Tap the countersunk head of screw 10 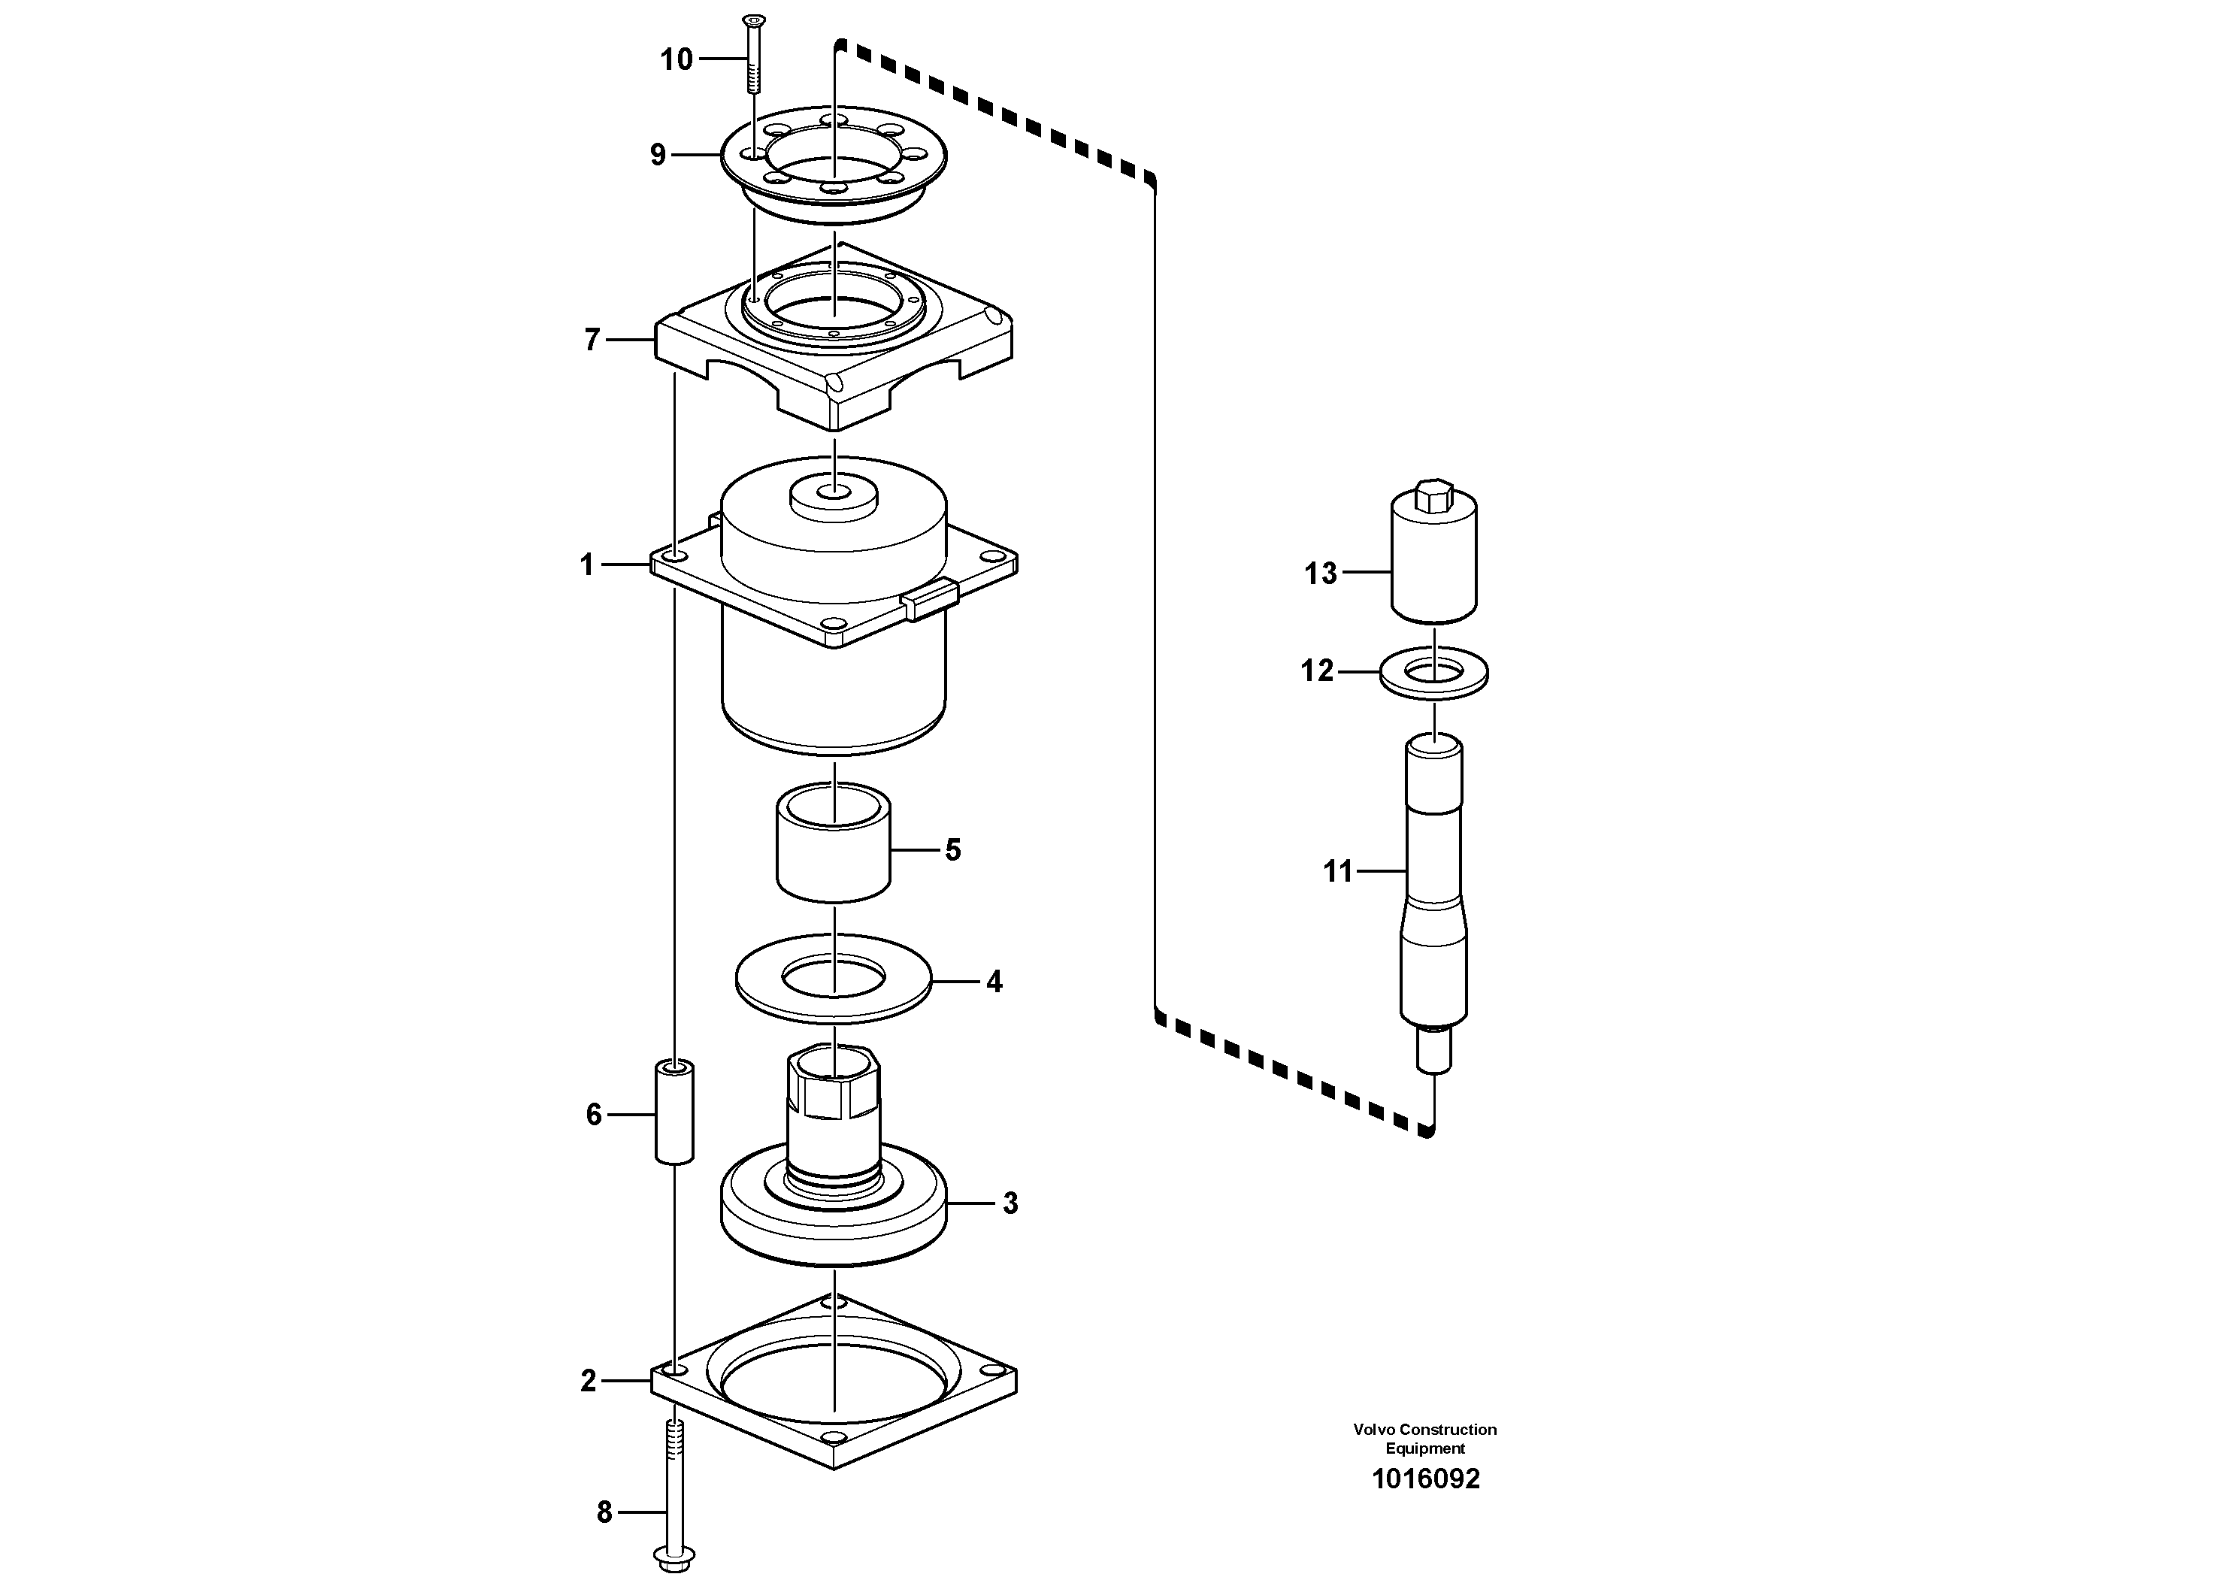tap(753, 20)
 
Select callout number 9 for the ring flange tap(658, 155)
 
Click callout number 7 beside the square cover tap(592, 340)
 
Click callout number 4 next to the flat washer tap(994, 982)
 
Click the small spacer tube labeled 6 tap(674, 1112)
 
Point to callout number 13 tap(1321, 574)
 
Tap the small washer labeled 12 tap(1434, 673)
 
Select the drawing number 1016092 tap(1425, 1479)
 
